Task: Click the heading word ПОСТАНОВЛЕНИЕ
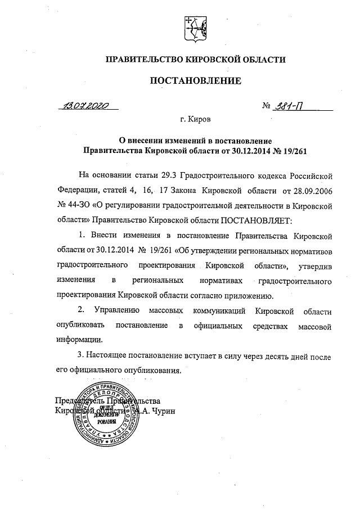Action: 195,81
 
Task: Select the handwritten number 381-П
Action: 287,106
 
